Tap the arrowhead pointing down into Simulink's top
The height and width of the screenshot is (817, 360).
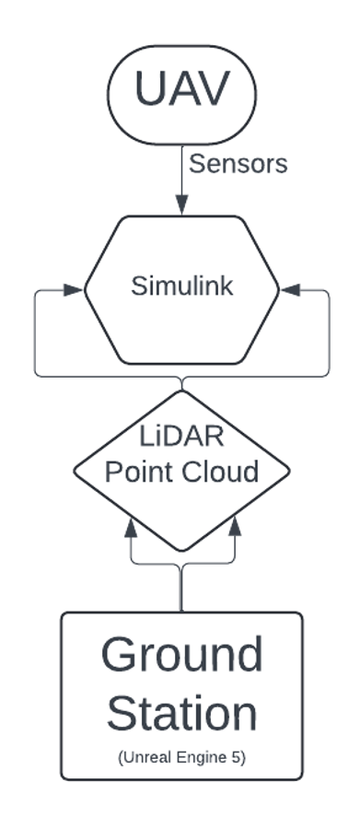click(181, 208)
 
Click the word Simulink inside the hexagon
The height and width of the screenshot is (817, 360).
click(181, 286)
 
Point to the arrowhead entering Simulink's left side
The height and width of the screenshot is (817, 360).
click(75, 289)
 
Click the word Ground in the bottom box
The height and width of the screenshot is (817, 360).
click(181, 655)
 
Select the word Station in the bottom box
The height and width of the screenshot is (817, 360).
click(181, 714)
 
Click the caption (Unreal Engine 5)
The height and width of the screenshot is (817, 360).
click(181, 756)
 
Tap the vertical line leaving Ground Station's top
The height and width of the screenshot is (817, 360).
click(181, 589)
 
